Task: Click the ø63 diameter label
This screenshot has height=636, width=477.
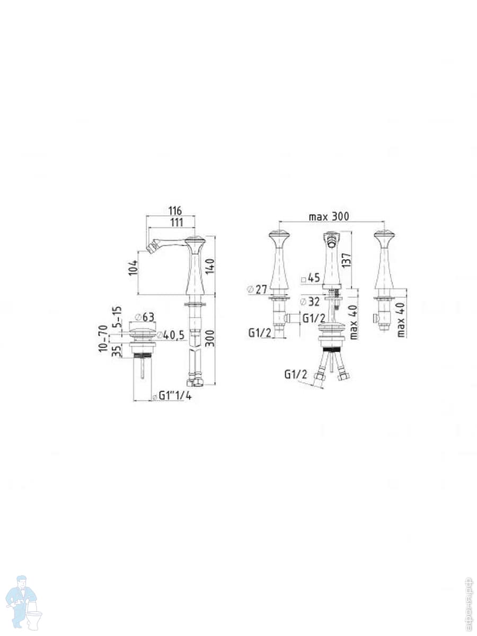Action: click(144, 317)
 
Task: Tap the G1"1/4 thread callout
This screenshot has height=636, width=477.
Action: click(171, 396)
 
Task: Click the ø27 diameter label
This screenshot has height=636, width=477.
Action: click(257, 289)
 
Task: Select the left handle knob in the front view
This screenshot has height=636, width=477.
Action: click(280, 236)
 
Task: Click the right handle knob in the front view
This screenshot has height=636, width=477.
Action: click(384, 236)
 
